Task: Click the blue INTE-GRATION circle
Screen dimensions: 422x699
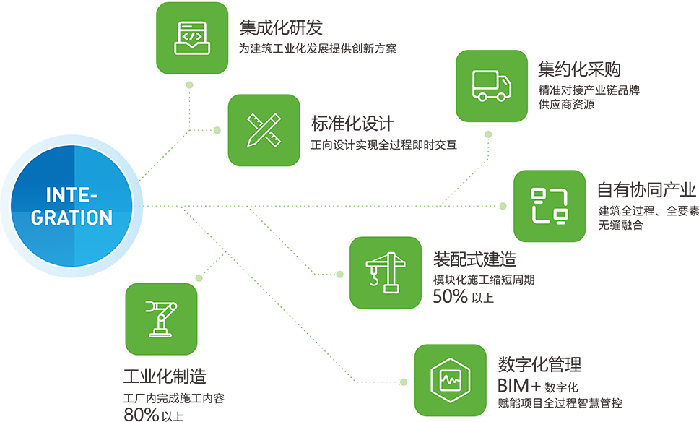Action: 69,207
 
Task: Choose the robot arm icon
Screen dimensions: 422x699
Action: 161,318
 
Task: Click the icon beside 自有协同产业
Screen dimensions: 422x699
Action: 549,205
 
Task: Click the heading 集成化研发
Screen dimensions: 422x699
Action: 280,28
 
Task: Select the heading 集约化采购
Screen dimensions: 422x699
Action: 579,69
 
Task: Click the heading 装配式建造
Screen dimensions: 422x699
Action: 474,258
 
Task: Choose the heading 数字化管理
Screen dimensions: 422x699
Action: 539,364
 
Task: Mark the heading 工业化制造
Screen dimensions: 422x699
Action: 165,376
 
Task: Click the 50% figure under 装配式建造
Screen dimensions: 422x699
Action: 450,296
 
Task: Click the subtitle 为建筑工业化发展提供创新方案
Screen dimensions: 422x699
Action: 318,50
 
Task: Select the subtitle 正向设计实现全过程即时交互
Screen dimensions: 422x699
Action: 383,145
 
